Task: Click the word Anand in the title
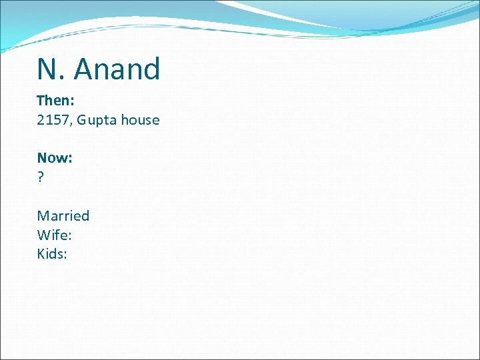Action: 118,69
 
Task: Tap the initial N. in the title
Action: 51,69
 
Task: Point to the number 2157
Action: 54,120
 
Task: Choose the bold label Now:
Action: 55,158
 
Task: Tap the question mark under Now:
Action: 41,177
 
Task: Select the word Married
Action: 63,215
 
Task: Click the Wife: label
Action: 54,235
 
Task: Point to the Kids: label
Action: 52,254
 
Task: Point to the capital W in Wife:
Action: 44,235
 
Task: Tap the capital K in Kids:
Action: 41,254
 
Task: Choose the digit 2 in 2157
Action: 41,120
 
